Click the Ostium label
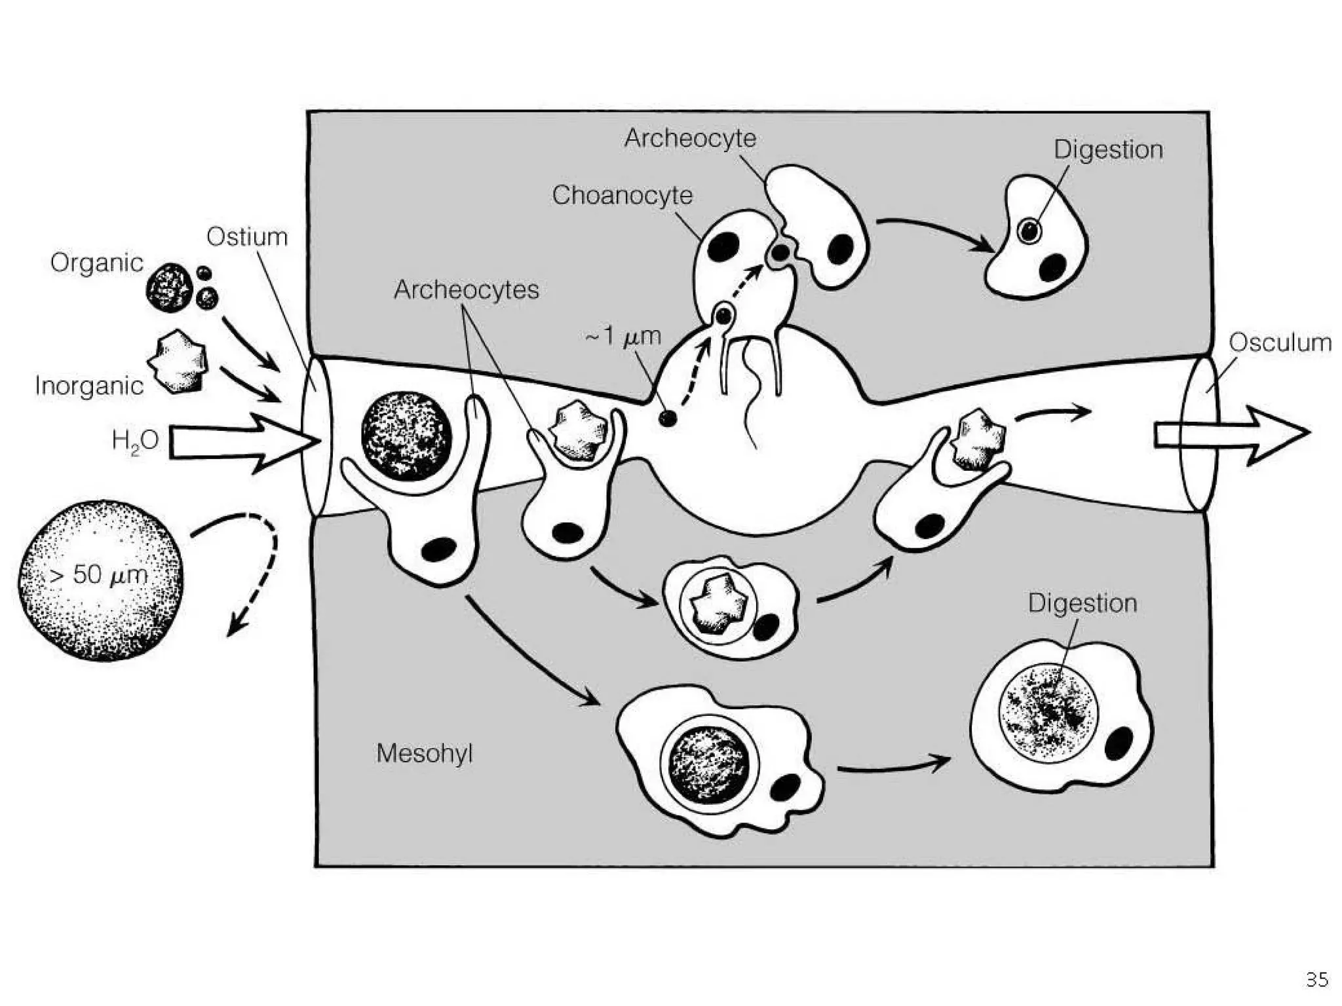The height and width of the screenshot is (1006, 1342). click(247, 237)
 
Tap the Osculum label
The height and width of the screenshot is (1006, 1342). click(1280, 343)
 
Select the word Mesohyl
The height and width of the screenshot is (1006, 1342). click(424, 753)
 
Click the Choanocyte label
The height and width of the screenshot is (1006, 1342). click(622, 195)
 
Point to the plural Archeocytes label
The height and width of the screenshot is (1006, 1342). click(466, 289)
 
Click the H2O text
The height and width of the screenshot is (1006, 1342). click(135, 441)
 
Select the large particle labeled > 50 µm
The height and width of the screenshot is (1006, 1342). click(100, 580)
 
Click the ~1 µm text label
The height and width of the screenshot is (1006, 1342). click(623, 337)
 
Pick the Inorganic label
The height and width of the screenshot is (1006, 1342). click(89, 386)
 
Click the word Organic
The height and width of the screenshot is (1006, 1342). click(96, 263)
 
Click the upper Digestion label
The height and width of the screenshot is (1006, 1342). click(1108, 150)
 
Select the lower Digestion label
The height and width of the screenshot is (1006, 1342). click(1082, 603)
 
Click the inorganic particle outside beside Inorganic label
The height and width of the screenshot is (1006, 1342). click(179, 362)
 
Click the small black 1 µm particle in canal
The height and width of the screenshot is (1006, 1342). click(667, 418)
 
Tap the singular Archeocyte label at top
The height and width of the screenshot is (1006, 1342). click(690, 138)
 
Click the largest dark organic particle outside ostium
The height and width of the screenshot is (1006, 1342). click(169, 287)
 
